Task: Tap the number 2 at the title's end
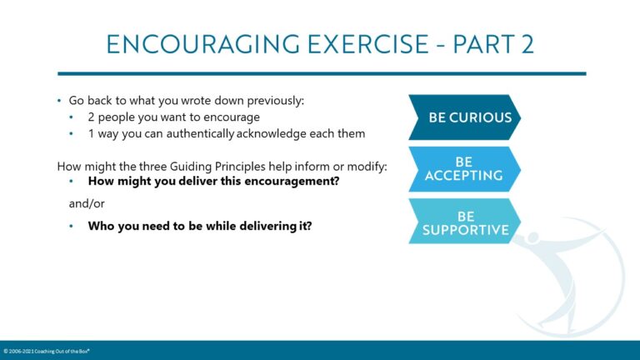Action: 524,44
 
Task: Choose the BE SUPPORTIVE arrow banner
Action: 463,222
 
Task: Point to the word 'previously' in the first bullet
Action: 274,101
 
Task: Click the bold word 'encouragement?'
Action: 292,181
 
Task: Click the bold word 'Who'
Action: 101,225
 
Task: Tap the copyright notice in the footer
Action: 47,352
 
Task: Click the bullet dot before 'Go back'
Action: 59,101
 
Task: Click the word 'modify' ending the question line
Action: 369,165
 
